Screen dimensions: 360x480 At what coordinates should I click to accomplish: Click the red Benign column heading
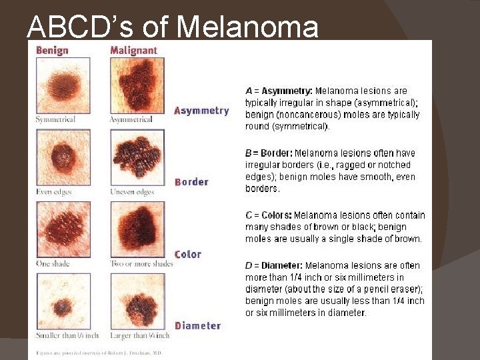click(52, 50)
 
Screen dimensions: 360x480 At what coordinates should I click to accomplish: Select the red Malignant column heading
click(133, 50)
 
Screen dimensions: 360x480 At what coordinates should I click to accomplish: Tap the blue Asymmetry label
click(201, 111)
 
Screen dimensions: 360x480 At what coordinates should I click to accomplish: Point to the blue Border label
click(191, 182)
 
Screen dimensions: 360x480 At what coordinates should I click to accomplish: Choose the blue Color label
click(188, 254)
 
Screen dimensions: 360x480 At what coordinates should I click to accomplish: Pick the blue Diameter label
click(197, 325)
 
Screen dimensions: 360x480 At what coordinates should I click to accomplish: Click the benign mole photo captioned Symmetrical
click(63, 85)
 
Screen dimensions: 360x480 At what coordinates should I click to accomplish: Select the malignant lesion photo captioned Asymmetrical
click(137, 85)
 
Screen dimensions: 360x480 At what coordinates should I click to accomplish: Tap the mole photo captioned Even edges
click(63, 158)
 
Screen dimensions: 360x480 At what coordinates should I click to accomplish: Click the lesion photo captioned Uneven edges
click(137, 158)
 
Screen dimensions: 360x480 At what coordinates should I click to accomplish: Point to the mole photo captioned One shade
click(63, 230)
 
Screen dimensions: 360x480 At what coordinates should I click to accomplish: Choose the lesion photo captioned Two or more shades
click(137, 230)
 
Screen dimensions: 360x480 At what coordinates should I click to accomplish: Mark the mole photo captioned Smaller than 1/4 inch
click(63, 302)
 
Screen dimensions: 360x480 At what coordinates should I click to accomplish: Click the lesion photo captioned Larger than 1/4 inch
click(137, 302)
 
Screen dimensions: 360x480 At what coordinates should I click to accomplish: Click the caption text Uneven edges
click(131, 192)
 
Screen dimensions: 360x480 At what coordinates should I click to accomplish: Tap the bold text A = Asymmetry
click(279, 91)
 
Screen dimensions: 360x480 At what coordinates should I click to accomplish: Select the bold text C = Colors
click(268, 215)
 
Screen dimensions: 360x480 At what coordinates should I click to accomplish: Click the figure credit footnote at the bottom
click(98, 353)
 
